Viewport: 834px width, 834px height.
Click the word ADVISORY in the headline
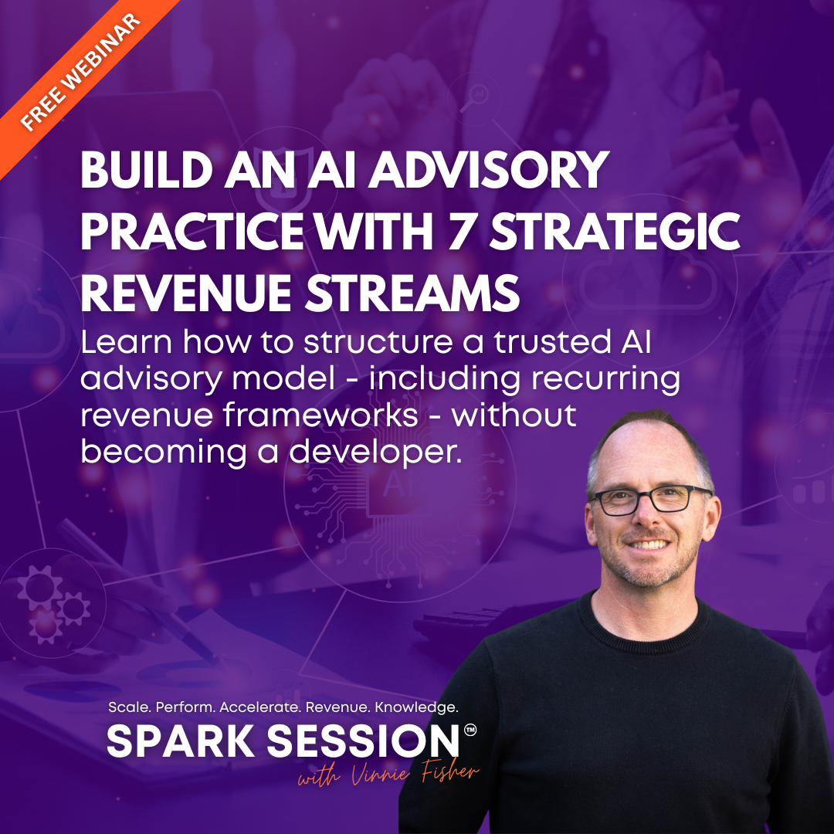(x=488, y=170)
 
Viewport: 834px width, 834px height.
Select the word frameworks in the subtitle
(x=320, y=415)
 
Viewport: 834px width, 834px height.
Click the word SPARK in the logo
(x=181, y=741)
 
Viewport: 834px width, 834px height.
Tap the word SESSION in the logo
(x=362, y=741)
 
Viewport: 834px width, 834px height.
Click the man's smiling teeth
(x=649, y=544)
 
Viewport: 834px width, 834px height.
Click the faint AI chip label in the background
(x=395, y=483)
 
